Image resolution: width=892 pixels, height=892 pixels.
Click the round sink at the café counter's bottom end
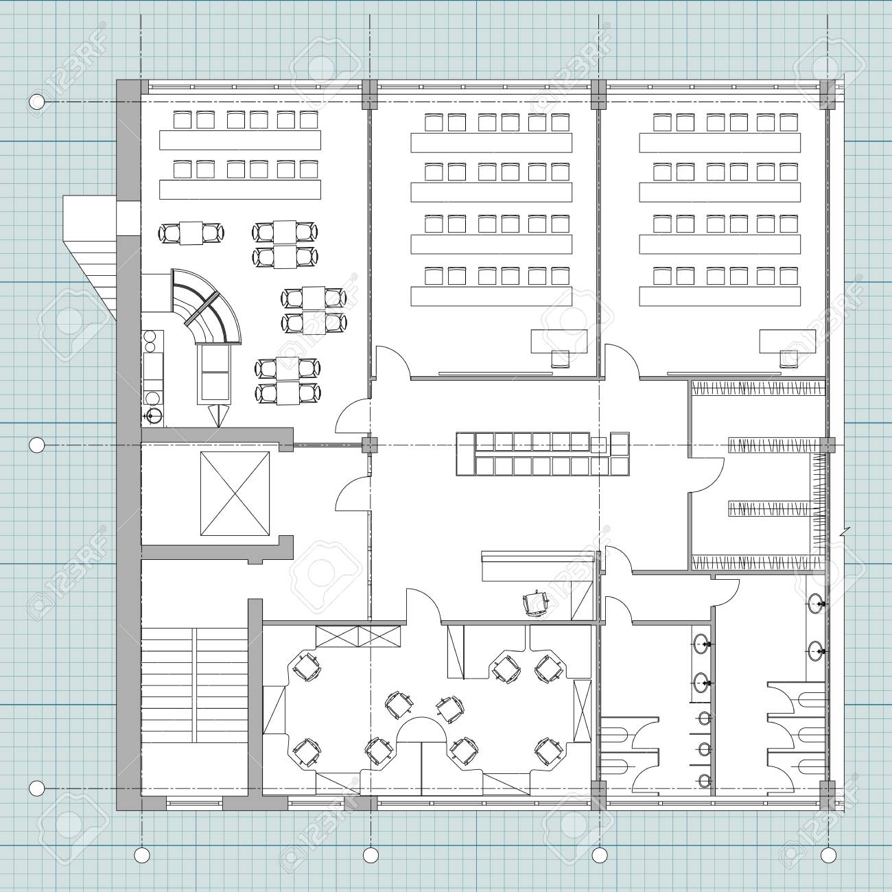coord(151,415)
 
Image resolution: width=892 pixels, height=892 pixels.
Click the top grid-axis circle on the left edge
coord(37,102)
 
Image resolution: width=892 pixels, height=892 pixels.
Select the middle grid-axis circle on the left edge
coord(37,445)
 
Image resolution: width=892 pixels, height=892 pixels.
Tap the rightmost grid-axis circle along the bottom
coord(828,855)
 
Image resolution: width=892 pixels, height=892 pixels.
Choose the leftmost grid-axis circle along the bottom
coord(142,855)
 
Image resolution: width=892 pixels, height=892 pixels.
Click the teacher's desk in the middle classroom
coord(559,340)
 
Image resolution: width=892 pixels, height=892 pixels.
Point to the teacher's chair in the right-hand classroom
coord(789,360)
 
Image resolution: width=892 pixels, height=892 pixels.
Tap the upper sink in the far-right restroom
coord(815,604)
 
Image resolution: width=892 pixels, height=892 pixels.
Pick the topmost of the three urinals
coord(703,718)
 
